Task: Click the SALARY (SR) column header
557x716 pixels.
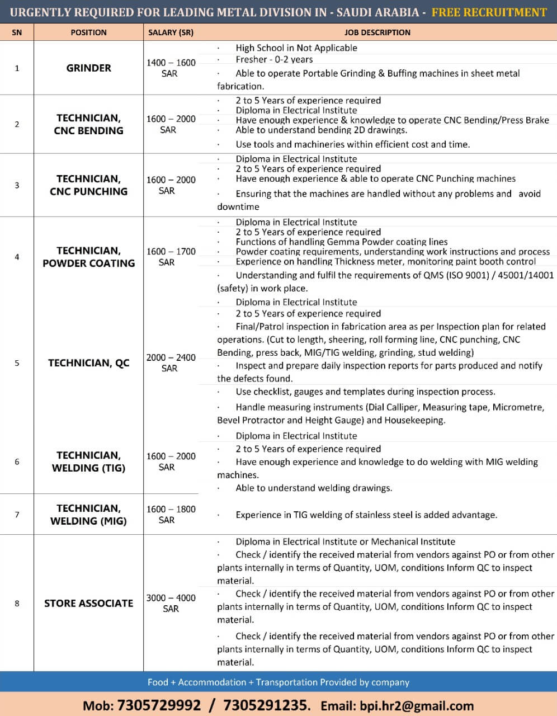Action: (x=171, y=32)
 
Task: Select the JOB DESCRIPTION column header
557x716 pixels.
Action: (x=377, y=32)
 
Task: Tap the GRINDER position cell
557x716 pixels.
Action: (x=88, y=68)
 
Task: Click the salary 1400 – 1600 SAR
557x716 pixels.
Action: (x=171, y=68)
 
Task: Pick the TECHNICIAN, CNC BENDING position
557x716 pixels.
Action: (x=88, y=124)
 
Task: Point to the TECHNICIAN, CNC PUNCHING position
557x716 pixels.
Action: (x=88, y=185)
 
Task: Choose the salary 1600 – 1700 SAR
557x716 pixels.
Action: (x=171, y=257)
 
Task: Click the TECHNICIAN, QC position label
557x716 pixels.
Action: (x=88, y=363)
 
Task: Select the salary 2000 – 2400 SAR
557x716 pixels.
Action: (x=171, y=363)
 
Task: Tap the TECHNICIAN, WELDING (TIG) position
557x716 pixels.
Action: (x=88, y=461)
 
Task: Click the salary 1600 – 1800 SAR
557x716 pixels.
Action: (x=171, y=515)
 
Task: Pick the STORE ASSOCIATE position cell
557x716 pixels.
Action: (x=88, y=603)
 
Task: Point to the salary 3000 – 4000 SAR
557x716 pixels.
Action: (x=171, y=603)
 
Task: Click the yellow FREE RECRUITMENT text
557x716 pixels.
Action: (x=489, y=12)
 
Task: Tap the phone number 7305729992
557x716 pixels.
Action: (x=158, y=705)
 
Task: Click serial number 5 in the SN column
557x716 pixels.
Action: (x=17, y=363)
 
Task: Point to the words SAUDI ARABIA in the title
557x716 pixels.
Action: (x=377, y=12)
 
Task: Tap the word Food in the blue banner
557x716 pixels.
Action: (x=158, y=682)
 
